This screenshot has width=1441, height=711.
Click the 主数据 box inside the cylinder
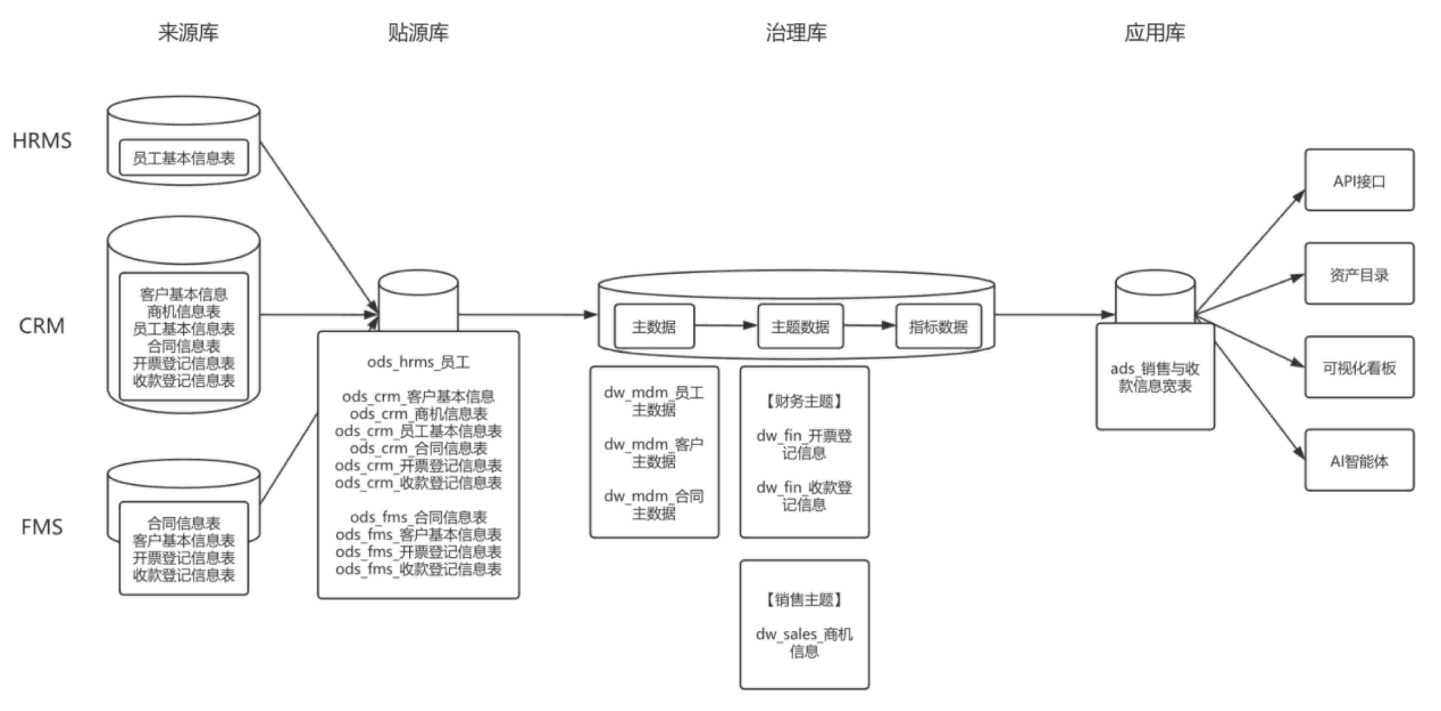point(654,326)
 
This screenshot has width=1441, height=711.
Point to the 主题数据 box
point(800,326)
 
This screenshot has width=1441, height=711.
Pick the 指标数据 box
point(938,326)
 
